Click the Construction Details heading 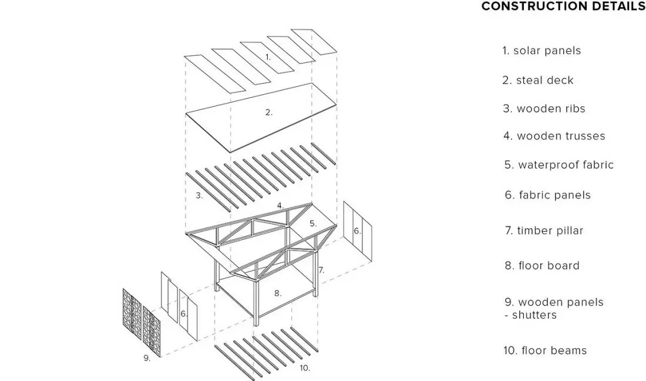563,6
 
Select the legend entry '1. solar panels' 541,51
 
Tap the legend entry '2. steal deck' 537,80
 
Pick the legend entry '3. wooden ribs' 544,108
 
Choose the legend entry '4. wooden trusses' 554,136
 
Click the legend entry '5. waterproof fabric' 559,165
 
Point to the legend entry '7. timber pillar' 544,230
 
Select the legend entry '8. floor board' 542,266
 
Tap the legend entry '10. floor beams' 545,350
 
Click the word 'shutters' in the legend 534,315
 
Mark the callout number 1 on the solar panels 268,57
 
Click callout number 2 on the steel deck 268,112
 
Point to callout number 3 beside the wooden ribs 199,195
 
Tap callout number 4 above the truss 280,205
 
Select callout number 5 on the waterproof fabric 313,223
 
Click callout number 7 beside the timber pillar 321,270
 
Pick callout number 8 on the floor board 278,293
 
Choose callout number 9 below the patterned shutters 147,358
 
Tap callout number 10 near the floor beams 305,368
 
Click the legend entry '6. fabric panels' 547,195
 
